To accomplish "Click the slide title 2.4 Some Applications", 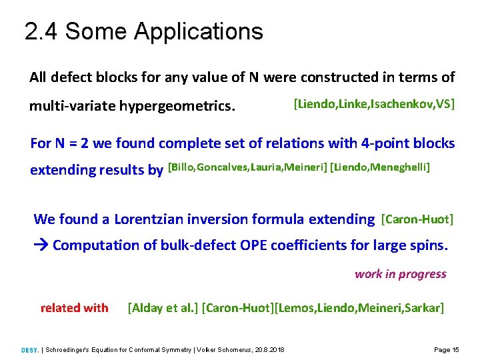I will tap(143, 31).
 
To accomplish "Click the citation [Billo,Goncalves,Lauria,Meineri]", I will tap(247, 167).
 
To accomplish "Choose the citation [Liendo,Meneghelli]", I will tap(380, 167).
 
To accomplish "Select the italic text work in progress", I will tap(400, 274).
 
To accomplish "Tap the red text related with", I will tap(74, 307).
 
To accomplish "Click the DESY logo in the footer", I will tap(30, 349).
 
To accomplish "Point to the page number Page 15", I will tap(446, 349).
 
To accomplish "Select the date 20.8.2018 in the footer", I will tap(269, 349).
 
